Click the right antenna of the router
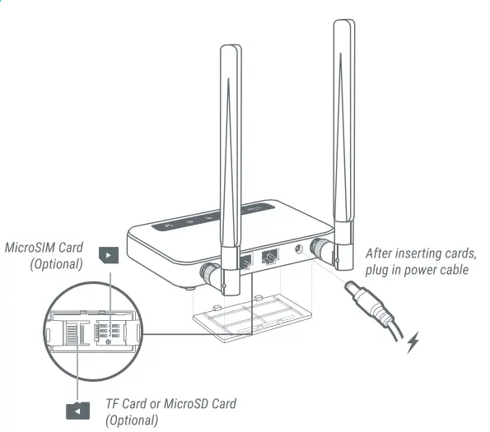pos(343,123)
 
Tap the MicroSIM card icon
pos(109,255)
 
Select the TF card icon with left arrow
pos(77,410)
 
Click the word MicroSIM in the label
pos(31,247)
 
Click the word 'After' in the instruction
pos(380,254)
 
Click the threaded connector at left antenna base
pos(212,275)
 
